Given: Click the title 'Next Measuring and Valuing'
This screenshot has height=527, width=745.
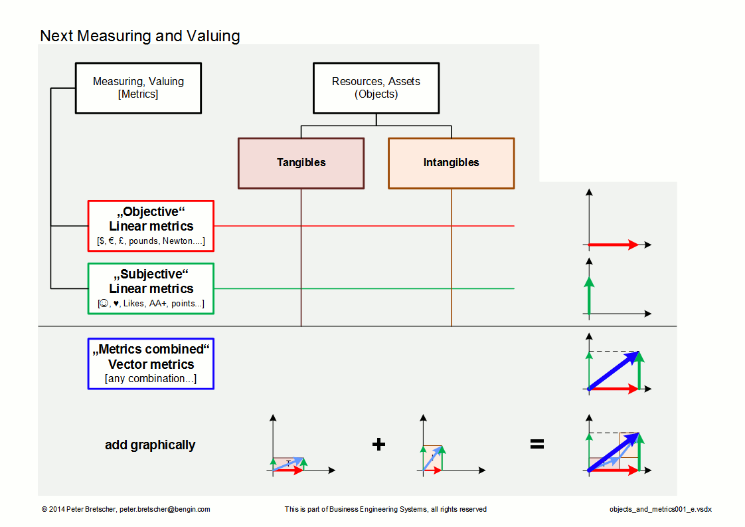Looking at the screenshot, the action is tap(140, 36).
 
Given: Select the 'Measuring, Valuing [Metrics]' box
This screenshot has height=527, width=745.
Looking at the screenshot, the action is tap(138, 88).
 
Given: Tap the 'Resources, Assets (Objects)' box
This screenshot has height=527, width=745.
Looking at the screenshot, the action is tap(376, 88).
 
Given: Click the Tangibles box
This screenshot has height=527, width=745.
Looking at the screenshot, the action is tap(301, 163).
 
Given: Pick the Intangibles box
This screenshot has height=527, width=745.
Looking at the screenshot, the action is tap(452, 163).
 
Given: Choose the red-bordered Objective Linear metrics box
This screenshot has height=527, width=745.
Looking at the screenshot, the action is tap(151, 226).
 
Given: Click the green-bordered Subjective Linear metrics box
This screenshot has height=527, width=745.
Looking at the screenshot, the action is tap(151, 288).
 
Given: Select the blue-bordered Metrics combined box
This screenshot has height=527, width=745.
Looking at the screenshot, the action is tap(151, 364).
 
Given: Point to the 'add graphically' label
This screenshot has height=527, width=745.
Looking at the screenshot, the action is tap(150, 445).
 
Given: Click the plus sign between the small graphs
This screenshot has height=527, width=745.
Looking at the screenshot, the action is tap(378, 444).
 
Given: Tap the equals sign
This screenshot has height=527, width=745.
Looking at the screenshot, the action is tap(537, 444).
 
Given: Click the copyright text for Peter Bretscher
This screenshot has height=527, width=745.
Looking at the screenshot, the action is tap(126, 509).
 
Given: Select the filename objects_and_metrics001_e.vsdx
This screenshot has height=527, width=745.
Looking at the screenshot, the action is tap(661, 509).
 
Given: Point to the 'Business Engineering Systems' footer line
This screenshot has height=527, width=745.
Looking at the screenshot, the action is tap(385, 509).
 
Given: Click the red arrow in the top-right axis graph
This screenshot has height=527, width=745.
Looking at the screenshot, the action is tap(614, 245).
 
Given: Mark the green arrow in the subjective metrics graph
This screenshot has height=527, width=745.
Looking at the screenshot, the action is tap(589, 296).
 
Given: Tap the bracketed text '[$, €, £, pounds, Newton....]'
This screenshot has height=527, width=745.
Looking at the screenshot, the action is tap(151, 241).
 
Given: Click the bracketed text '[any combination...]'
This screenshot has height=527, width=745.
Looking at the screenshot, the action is tap(151, 379).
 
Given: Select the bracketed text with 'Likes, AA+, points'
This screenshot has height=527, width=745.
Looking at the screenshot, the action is tap(151, 304).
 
